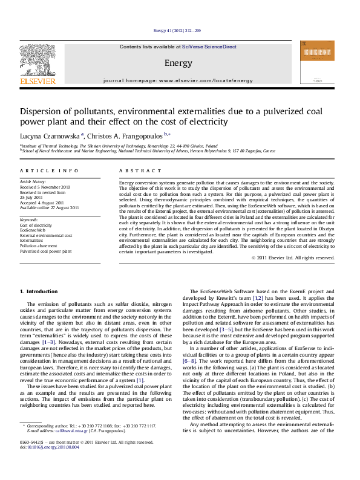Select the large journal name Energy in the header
coord(178,63)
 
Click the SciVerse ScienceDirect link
coord(211,47)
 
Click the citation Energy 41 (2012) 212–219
coord(178,30)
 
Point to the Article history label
coord(33,181)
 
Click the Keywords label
coord(30,219)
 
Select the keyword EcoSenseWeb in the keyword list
coord(33,230)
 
